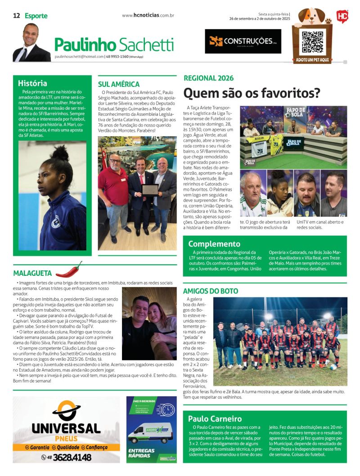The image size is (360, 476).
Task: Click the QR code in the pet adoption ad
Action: click(312, 41)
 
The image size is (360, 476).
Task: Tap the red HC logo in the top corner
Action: click(342, 17)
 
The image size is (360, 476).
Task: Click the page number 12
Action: click(16, 16)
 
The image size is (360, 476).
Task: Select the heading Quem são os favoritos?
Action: click(252, 93)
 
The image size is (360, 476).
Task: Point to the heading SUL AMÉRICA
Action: click(119, 84)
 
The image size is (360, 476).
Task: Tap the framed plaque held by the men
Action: click(150, 189)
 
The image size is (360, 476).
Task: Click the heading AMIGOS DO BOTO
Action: click(211, 291)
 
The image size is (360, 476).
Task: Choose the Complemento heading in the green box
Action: click(214, 244)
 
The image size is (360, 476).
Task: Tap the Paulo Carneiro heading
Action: click(215, 418)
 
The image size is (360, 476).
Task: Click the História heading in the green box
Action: click(32, 83)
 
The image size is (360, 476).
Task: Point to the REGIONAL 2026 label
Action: click(209, 78)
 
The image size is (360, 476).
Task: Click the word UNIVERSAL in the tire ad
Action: click(66, 428)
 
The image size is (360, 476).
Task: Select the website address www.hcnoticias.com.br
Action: click(148, 15)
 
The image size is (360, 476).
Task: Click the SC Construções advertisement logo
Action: click(243, 41)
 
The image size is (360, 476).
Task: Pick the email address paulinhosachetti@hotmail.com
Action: click(79, 57)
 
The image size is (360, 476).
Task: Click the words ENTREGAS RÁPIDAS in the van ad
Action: click(142, 453)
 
